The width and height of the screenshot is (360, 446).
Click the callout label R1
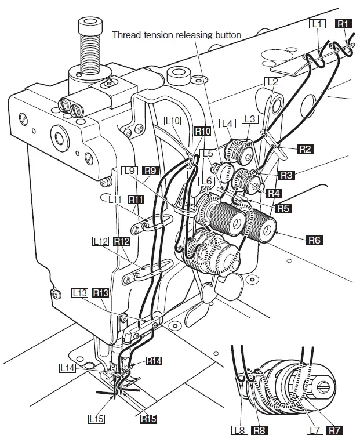click(x=344, y=24)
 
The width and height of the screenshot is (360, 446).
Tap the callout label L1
click(x=318, y=24)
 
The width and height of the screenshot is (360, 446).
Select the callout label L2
click(x=273, y=82)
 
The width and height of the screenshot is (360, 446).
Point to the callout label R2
click(x=306, y=149)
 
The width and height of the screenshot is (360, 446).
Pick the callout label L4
click(x=227, y=124)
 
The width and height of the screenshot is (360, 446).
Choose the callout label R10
click(x=202, y=132)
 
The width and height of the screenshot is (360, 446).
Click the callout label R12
click(x=121, y=240)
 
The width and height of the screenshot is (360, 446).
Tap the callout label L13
click(x=80, y=293)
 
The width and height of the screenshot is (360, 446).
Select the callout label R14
click(x=154, y=361)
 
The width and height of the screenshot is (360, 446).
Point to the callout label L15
click(x=96, y=418)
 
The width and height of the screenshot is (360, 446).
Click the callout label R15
click(x=149, y=418)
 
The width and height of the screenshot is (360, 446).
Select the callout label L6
click(x=205, y=182)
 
